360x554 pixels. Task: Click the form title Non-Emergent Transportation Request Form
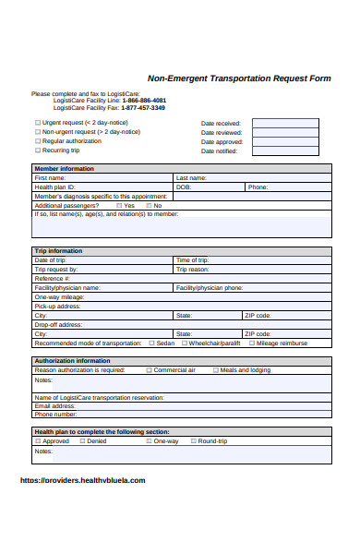[239, 78]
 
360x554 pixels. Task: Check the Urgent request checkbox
[38, 122]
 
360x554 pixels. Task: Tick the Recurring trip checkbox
[38, 150]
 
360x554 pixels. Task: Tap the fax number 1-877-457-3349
[144, 107]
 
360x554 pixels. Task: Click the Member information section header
[64, 169]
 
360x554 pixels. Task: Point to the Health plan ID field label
[54, 187]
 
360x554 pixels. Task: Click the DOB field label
[183, 187]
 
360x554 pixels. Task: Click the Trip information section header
[58, 251]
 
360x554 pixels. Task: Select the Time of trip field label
[192, 260]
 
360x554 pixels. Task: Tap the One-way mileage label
[59, 296]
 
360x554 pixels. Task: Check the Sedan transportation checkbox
[150, 343]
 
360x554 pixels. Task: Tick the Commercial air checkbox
[149, 369]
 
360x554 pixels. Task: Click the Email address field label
[55, 405]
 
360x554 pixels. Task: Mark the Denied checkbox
[81, 440]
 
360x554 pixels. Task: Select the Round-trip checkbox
[192, 440]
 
